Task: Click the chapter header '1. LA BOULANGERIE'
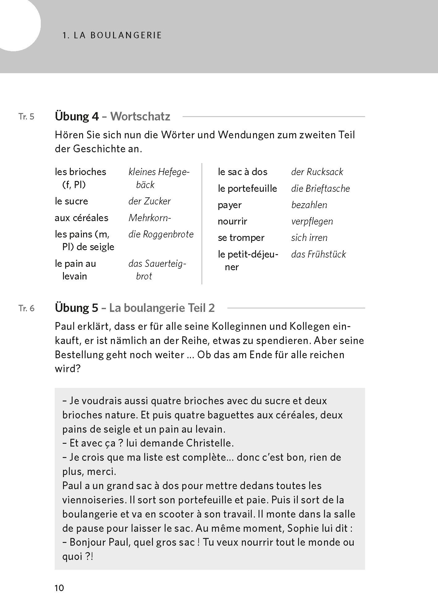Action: coord(112,35)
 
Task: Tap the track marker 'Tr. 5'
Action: coord(27,117)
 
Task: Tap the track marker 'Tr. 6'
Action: coord(27,309)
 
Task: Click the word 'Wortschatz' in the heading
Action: coord(140,116)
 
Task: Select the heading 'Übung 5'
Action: coord(76,308)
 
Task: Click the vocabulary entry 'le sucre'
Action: coord(71,201)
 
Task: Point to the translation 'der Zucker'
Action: coord(150,201)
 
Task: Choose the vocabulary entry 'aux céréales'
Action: coord(82,218)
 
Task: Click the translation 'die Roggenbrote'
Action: coord(161,234)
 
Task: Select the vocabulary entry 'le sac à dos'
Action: coord(242,172)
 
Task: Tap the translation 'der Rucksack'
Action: coord(317,172)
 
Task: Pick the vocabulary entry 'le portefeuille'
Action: coord(247,188)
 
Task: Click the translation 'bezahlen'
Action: coord(309,205)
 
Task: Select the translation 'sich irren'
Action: coord(309,237)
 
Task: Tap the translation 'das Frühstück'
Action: coord(318,254)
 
